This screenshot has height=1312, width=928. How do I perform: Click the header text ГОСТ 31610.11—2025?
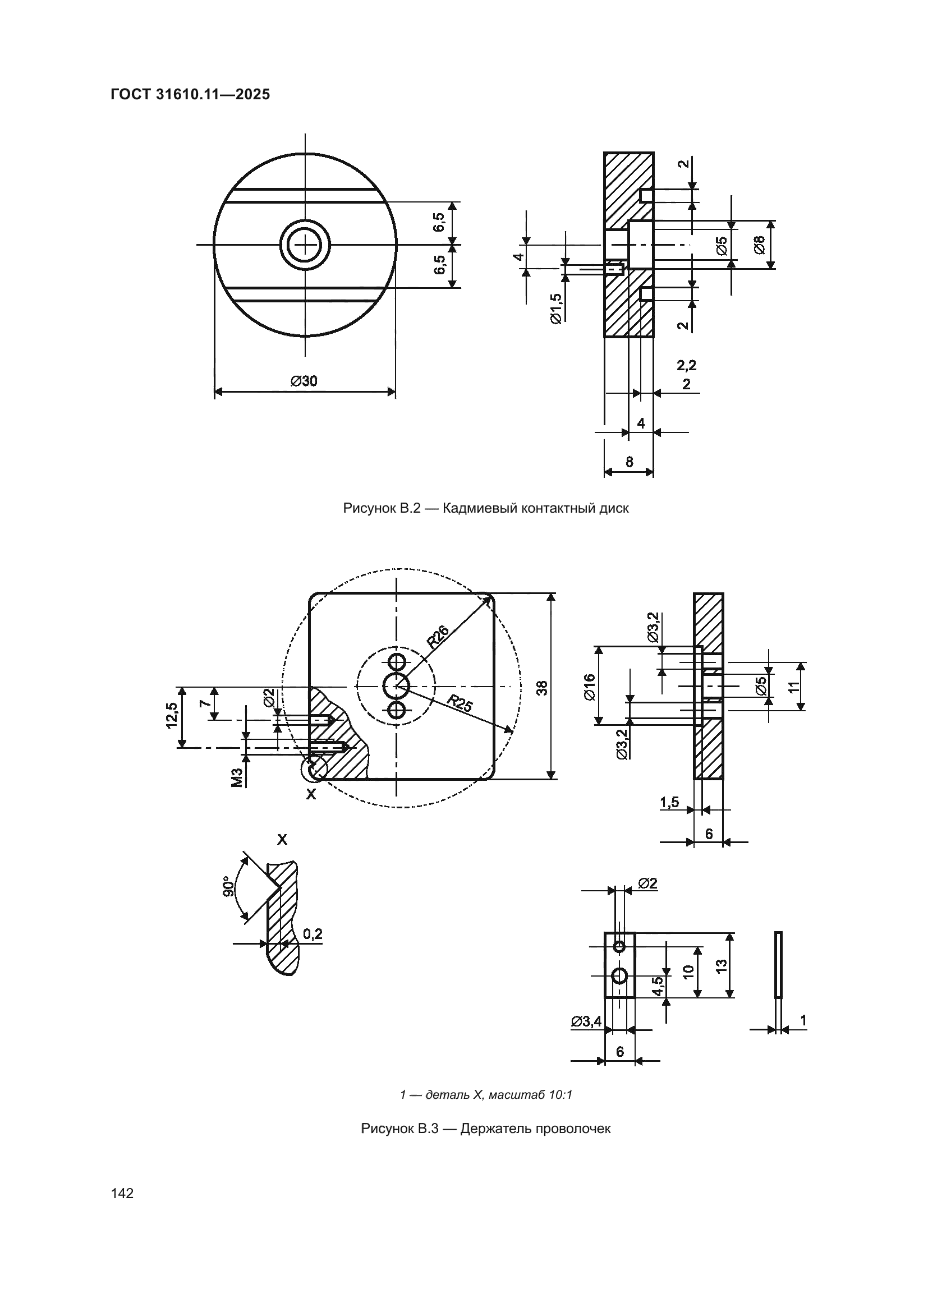click(190, 95)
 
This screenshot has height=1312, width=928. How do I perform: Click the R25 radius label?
click(460, 703)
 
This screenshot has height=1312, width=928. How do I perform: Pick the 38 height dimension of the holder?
click(543, 688)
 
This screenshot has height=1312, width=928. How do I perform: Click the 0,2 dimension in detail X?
click(312, 934)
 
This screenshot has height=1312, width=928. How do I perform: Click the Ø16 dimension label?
click(590, 687)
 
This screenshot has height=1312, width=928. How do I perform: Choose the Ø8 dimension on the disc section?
click(760, 245)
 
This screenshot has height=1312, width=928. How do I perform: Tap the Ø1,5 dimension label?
click(555, 309)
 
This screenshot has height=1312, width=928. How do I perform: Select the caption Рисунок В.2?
click(381, 508)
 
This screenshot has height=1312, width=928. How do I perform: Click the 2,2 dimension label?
click(686, 365)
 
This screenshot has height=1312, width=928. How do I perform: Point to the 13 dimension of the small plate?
click(721, 966)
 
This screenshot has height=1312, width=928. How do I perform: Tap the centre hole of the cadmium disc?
click(305, 245)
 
